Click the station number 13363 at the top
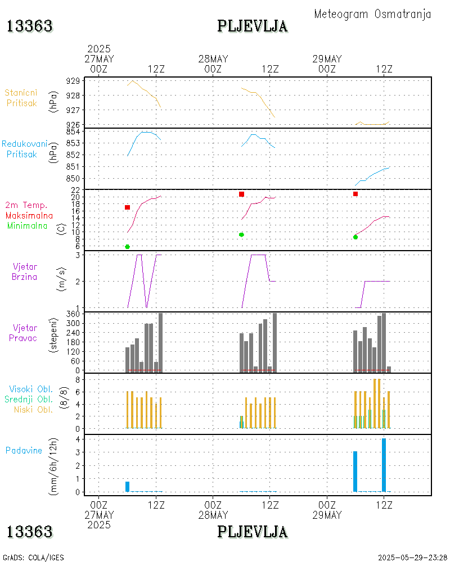[30, 26]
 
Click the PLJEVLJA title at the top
[253, 26]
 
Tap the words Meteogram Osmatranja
[372, 14]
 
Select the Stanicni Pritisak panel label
[21, 98]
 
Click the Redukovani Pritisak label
[24, 149]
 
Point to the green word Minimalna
[28, 225]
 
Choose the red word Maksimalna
[29, 215]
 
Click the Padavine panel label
[24, 450]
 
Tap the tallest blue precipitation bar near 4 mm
[384, 465]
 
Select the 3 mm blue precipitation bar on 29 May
[355, 472]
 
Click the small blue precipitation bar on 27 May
[128, 487]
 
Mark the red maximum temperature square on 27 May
[128, 207]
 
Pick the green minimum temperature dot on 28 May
[241, 234]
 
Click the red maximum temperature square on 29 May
[355, 194]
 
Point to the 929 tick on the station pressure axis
[73, 81]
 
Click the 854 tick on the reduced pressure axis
[73, 131]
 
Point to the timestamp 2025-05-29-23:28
[412, 558]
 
